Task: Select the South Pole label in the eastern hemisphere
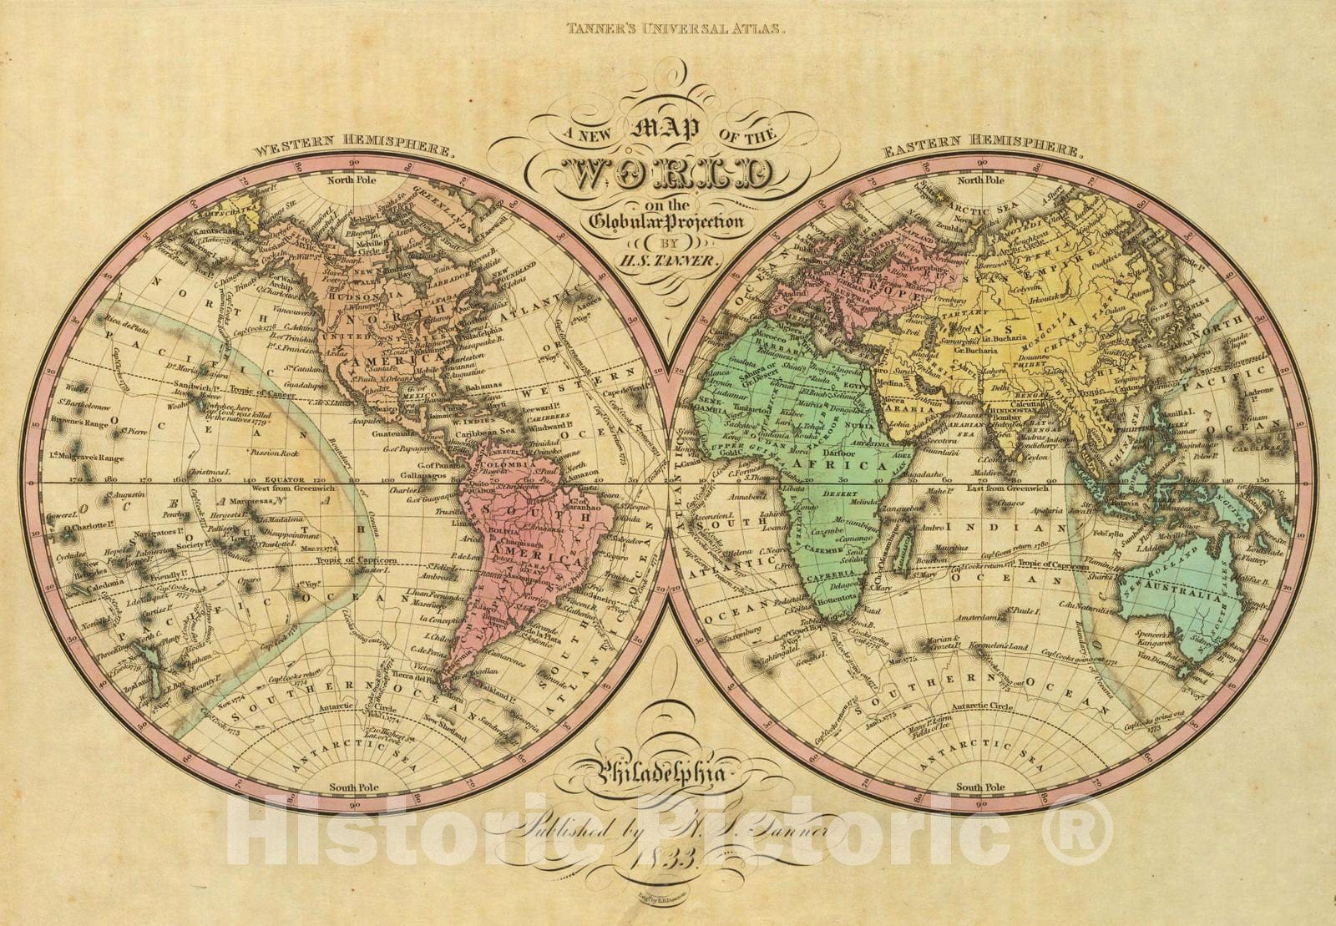tap(980, 787)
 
